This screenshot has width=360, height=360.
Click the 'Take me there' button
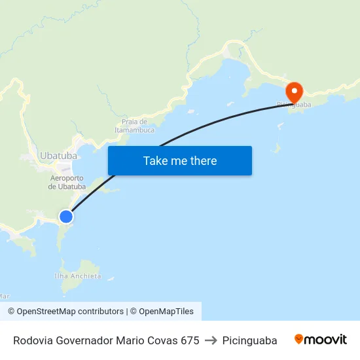click(180, 160)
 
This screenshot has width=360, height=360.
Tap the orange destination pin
click(294, 91)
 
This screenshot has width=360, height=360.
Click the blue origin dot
click(66, 216)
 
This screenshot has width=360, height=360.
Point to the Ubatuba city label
click(58, 156)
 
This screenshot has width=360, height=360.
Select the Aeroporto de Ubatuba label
click(67, 182)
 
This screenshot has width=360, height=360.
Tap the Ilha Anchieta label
click(78, 276)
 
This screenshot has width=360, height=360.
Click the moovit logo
click(321, 340)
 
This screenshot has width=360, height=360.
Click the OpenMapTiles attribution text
click(166, 312)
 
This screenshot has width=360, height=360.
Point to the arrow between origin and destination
click(211, 340)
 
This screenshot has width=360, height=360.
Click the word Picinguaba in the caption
click(249, 340)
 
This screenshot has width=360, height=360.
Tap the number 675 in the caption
click(190, 340)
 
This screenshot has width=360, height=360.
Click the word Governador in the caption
click(83, 340)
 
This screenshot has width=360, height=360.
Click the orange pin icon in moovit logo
click(299, 339)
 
